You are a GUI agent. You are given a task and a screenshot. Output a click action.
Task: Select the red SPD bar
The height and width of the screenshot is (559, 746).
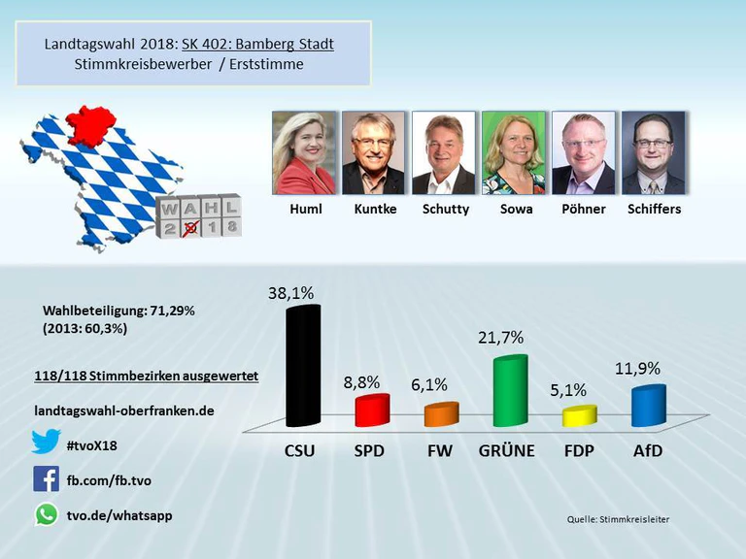coord(371,411)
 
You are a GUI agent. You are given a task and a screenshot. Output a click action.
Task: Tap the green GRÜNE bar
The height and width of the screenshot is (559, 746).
coord(510,391)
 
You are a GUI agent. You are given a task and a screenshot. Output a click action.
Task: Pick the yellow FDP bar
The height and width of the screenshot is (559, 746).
coord(580,416)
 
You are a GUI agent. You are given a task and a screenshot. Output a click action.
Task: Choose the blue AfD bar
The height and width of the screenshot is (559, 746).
coord(649,407)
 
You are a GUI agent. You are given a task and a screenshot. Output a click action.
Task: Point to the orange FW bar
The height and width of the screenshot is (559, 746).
coord(441,414)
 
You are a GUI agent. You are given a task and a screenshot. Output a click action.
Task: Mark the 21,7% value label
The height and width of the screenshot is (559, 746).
coord(501,338)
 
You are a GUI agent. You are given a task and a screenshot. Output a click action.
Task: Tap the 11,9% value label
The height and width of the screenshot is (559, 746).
coord(638,369)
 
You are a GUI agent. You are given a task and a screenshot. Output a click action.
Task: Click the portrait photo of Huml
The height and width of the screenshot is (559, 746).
coord(306,152)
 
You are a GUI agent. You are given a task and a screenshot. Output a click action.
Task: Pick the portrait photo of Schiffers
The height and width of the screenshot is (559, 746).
coord(653,152)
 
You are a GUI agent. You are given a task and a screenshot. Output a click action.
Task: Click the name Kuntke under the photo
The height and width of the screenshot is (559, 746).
coord(375,209)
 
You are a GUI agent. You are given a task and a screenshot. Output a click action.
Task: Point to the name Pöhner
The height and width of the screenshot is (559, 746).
coord(584,209)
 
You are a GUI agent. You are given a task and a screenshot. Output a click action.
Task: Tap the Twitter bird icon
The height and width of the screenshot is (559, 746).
coord(46,442)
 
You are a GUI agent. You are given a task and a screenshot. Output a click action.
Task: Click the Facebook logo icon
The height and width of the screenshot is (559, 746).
coord(46,478)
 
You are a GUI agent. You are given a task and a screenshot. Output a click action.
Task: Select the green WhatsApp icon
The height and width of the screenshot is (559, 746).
coord(46,514)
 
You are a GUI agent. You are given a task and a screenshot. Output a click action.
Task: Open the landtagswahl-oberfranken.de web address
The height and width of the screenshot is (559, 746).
coord(123,411)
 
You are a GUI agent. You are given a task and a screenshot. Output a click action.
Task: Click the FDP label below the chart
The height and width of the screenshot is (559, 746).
coord(579,451)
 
